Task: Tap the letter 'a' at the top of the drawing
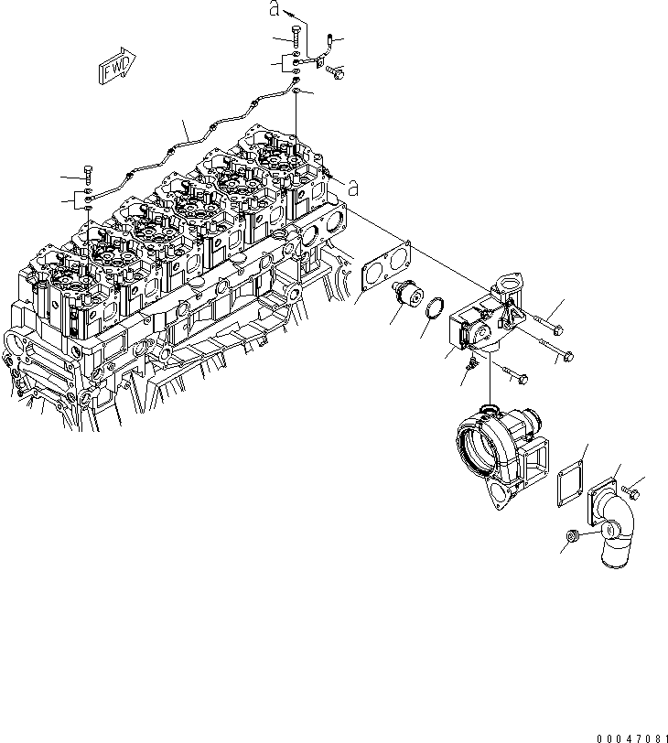(273, 9)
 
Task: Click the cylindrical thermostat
(405, 295)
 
